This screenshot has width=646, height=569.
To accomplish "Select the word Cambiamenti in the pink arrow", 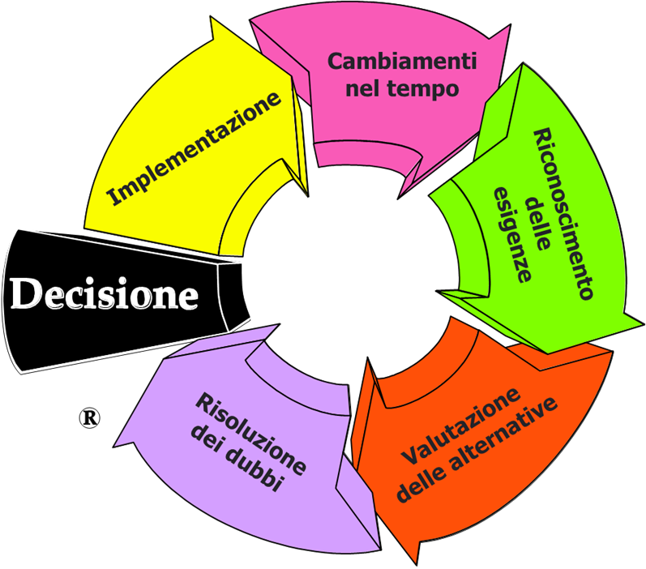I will pos(401,62).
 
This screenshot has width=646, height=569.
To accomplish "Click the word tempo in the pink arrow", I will pos(428,88).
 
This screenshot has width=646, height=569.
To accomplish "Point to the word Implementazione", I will pos(195,147).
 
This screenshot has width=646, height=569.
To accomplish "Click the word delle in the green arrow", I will pos(537,219).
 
